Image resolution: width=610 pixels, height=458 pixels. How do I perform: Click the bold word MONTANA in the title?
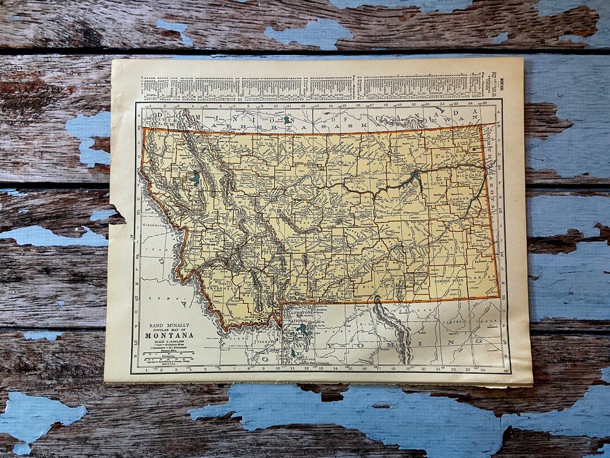(x=169, y=335)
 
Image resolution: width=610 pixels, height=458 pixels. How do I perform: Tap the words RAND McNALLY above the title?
(x=169, y=325)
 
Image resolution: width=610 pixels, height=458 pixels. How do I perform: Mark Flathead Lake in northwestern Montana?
(x=195, y=178)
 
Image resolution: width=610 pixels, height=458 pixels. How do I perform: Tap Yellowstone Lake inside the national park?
(x=303, y=328)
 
